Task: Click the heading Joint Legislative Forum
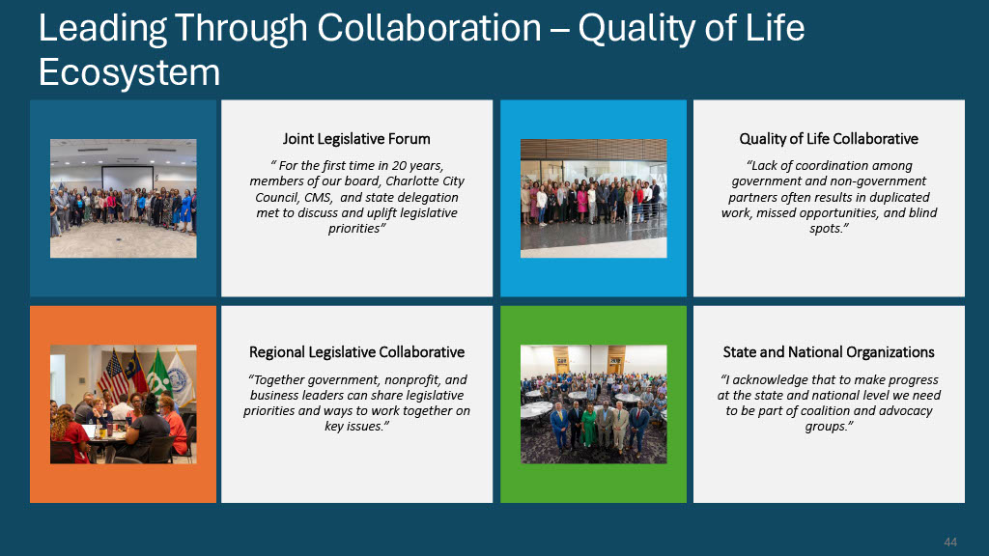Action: point(356,139)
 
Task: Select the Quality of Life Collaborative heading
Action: point(828,139)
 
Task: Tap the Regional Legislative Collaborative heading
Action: point(356,351)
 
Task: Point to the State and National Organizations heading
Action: point(828,351)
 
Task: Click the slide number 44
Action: point(950,542)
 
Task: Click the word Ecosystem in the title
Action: point(129,72)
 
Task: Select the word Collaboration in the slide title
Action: point(429,28)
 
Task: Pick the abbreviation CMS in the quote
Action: point(318,197)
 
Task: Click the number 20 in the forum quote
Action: point(399,165)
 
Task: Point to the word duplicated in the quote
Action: point(899,197)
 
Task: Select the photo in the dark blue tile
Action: point(123,198)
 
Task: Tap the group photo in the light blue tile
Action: point(594,198)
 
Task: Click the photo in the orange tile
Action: point(123,404)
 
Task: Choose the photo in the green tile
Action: point(594,404)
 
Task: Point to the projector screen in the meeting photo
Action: point(128,179)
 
